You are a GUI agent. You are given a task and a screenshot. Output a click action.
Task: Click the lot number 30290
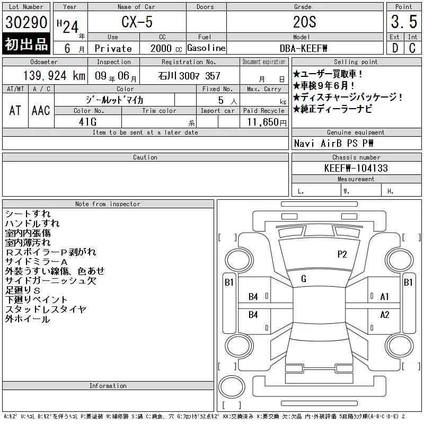tap(26, 22)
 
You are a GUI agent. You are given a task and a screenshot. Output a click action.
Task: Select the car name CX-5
tap(137, 22)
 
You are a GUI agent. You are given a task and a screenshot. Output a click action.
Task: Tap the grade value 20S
tap(304, 22)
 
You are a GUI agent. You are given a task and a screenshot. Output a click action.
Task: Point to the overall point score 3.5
tap(404, 22)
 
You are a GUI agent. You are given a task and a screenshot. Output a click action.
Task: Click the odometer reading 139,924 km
tap(54, 75)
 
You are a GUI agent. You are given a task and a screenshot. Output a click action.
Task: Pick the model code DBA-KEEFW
tap(303, 48)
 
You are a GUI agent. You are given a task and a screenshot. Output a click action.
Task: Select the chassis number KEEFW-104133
tap(356, 168)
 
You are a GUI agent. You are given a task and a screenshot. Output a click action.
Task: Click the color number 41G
tap(87, 122)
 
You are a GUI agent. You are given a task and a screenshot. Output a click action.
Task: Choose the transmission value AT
tap(15, 110)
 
